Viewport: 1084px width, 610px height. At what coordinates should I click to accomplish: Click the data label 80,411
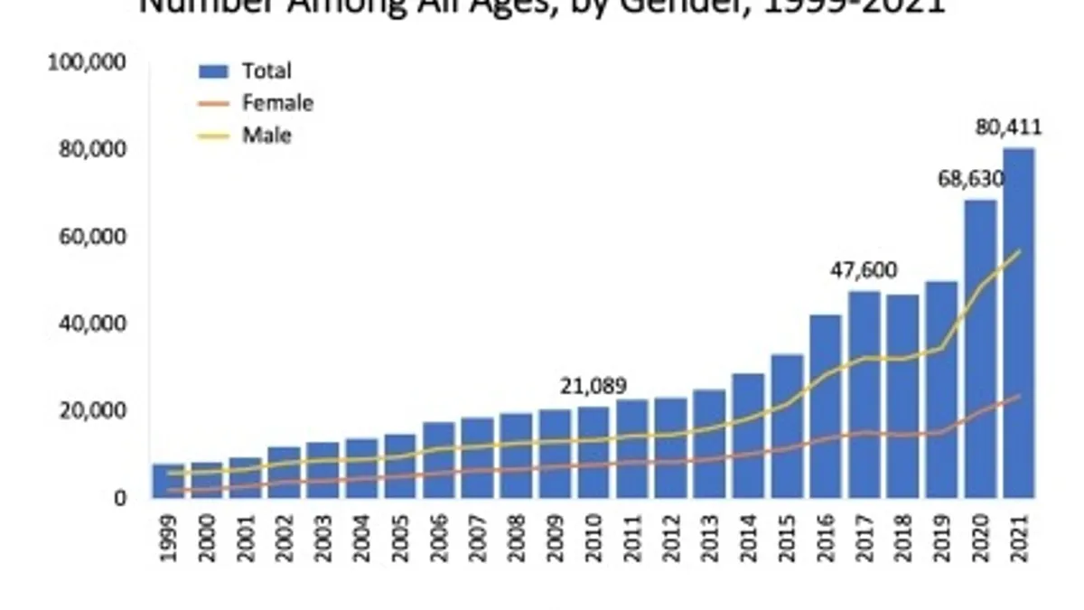click(1008, 128)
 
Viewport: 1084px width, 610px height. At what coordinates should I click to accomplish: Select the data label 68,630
click(969, 177)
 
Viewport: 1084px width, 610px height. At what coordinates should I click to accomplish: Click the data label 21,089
click(593, 387)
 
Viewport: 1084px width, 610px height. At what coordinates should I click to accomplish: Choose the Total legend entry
click(266, 70)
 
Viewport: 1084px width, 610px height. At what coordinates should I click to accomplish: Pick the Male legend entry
click(266, 136)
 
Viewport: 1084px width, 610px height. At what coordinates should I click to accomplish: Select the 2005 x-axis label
click(400, 539)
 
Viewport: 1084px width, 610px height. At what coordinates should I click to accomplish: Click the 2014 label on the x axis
click(748, 539)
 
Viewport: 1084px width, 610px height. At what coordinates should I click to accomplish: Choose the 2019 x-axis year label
click(941, 539)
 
